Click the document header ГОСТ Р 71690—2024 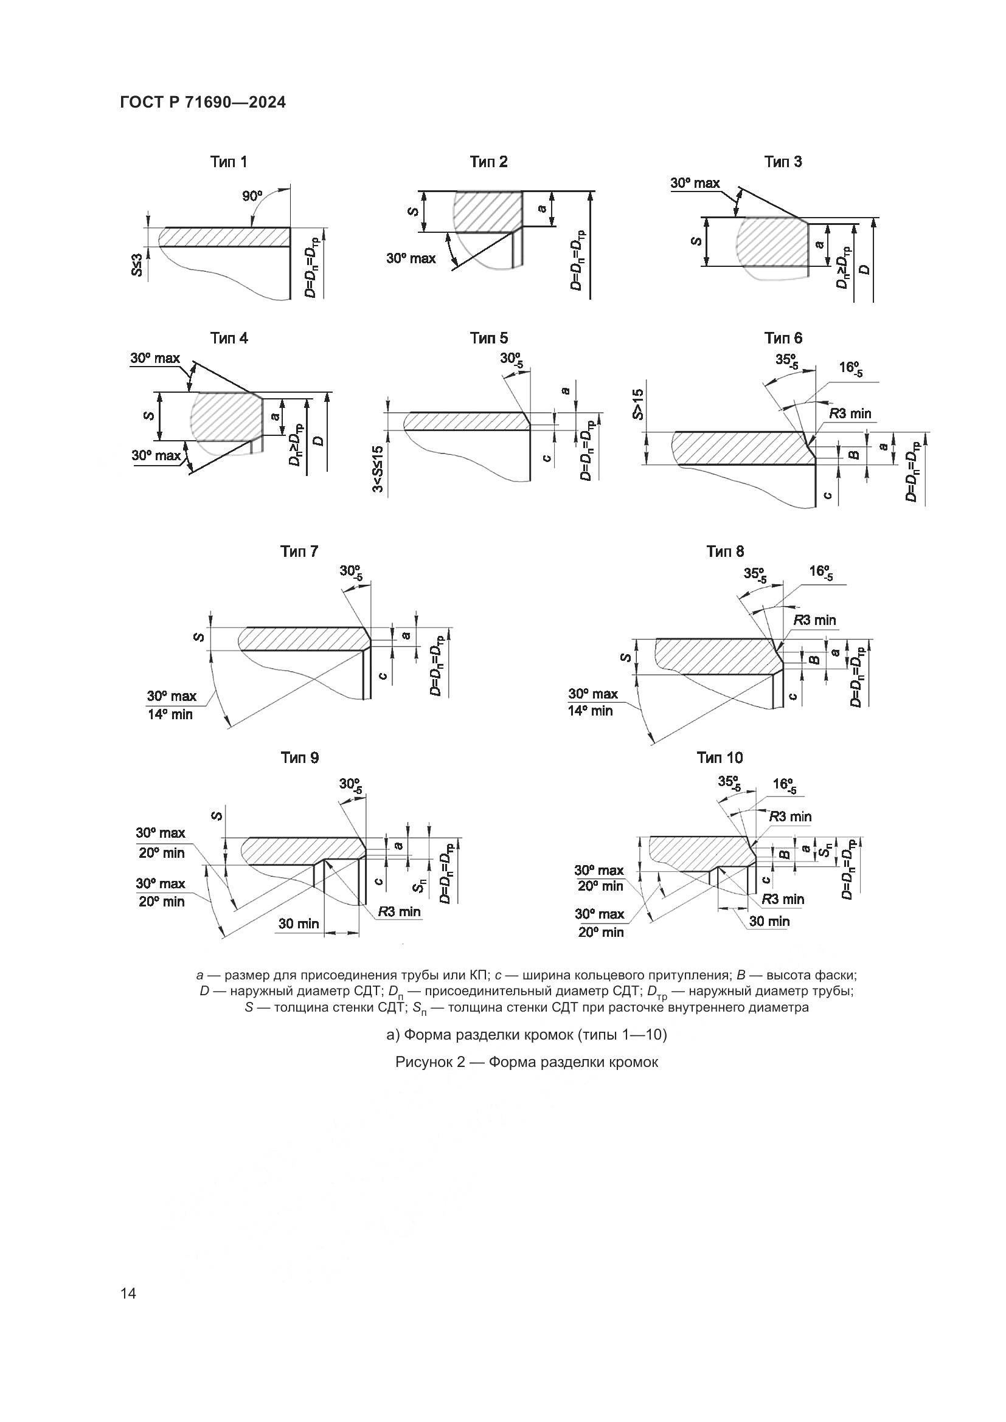pyautogui.click(x=203, y=103)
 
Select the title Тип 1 pyautogui.click(x=229, y=162)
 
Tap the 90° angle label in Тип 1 pyautogui.click(x=252, y=196)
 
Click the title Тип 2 pyautogui.click(x=488, y=162)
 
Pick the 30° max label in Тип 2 pyautogui.click(x=411, y=258)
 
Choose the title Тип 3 pyautogui.click(x=782, y=162)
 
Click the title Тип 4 pyautogui.click(x=229, y=338)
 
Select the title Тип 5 pyautogui.click(x=488, y=338)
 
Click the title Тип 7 pyautogui.click(x=299, y=551)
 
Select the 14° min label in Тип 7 pyautogui.click(x=170, y=715)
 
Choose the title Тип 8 pyautogui.click(x=725, y=551)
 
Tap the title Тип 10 pyautogui.click(x=719, y=758)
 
